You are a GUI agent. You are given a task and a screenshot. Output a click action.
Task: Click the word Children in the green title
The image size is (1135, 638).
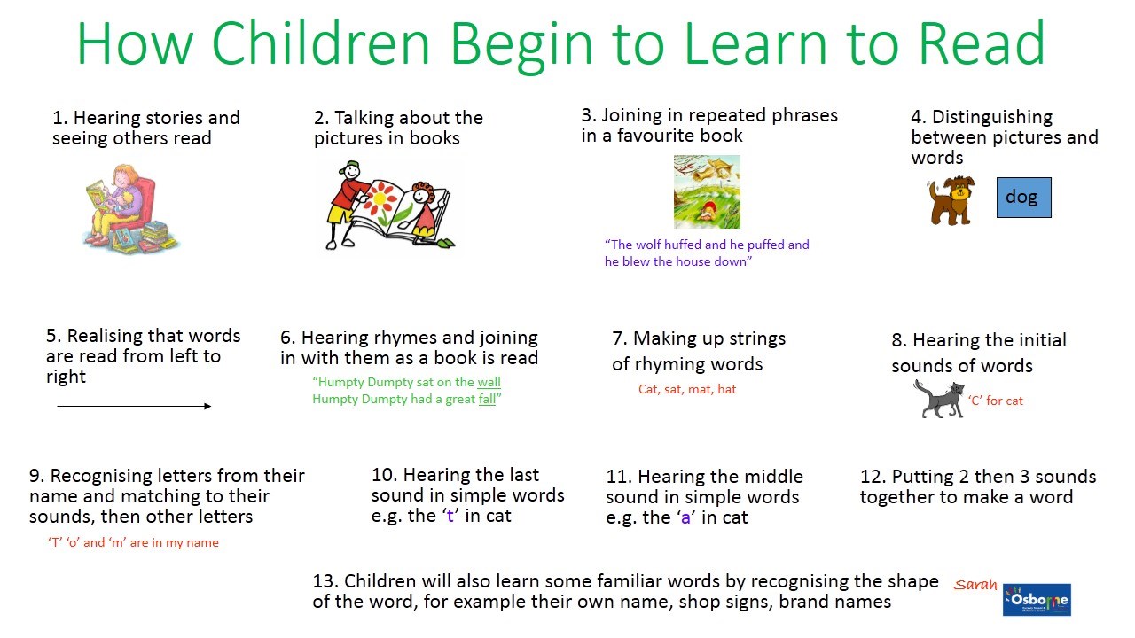320,43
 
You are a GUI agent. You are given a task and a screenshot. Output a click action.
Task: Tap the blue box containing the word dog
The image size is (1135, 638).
1023,198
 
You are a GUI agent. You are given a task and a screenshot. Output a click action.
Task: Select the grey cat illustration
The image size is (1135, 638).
939,400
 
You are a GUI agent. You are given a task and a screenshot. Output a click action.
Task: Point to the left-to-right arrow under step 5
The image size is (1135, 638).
134,406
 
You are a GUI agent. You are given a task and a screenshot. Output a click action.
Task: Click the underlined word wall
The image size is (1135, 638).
489,382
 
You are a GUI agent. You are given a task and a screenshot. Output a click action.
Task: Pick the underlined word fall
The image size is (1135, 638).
487,399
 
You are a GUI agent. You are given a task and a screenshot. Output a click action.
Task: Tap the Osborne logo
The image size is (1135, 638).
1037,600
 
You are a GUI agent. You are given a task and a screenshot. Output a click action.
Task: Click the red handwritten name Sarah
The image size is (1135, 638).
975,585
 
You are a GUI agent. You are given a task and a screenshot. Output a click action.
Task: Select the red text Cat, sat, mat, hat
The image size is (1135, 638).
687,389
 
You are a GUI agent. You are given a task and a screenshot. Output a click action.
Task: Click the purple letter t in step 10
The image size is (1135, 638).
450,516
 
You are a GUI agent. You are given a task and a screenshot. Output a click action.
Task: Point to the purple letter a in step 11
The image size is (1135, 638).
685,518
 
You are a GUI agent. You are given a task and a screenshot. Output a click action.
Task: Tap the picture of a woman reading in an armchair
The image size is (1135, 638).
130,207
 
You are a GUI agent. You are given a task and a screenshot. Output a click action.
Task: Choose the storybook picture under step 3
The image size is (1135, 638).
707,192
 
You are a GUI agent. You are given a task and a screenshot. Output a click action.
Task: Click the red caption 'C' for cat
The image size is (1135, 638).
996,401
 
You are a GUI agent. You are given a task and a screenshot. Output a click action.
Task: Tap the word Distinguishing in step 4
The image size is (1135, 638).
992,117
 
